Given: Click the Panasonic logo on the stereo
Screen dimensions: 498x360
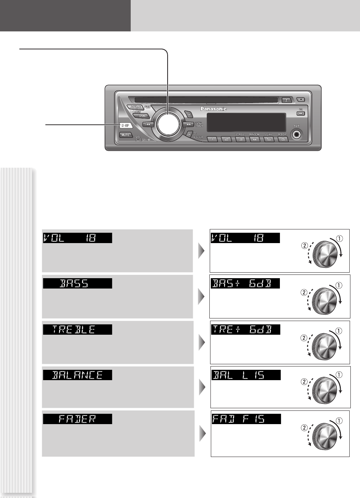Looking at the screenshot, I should click(213, 109).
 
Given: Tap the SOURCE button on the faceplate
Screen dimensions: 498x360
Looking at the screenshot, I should click(136, 107).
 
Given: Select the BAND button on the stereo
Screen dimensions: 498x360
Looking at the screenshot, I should click(143, 116).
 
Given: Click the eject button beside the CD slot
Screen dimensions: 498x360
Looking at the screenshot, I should click(287, 100).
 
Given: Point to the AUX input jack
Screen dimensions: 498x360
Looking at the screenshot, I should click(296, 134).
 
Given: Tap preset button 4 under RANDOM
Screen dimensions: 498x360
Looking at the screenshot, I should click(254, 139).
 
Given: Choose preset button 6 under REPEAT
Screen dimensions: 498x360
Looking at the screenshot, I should click(283, 139).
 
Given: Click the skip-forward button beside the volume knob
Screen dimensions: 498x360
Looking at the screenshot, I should click(188, 124).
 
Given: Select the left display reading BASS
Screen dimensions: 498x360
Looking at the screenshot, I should click(77, 283).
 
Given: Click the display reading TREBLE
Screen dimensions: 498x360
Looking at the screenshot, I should click(77, 330).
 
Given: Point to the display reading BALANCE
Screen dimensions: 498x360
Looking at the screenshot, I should click(77, 375).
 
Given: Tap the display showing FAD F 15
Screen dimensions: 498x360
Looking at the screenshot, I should click(246, 419).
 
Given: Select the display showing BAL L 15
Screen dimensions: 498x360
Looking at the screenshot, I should click(246, 375).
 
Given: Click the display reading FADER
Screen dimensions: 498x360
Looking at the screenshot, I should click(77, 419).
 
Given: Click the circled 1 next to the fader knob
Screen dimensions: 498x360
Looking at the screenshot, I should click(339, 421).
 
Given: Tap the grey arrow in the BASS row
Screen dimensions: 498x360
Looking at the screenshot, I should click(201, 296).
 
